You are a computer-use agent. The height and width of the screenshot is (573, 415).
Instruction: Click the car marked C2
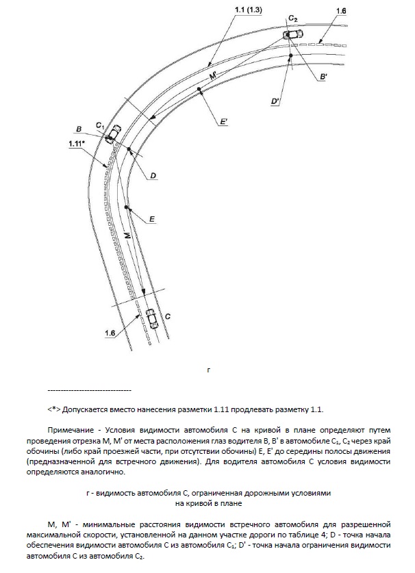pos(291,35)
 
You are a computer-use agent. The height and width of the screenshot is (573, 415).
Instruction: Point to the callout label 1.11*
pos(77,144)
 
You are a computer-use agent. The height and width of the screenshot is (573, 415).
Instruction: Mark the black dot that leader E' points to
pos(199,90)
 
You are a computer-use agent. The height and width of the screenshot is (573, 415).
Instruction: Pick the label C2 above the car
pos(293,16)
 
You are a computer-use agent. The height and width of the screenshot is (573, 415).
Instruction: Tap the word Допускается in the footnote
pos(88,409)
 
